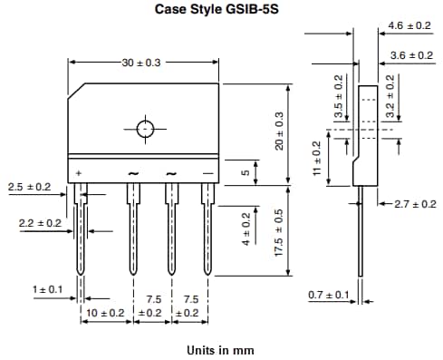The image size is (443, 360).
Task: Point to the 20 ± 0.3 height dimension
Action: pyautogui.click(x=281, y=131)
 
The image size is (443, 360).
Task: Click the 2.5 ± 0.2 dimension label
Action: pyautogui.click(x=29, y=187)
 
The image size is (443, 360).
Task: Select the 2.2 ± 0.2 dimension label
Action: pyautogui.click(x=40, y=222)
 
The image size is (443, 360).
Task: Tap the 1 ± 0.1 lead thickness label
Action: pyautogui.click(x=48, y=289)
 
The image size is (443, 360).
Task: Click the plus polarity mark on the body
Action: pyautogui.click(x=80, y=172)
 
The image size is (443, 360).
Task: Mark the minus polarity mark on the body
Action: pyautogui.click(x=207, y=172)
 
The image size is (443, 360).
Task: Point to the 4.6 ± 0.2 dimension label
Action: pyautogui.click(x=409, y=25)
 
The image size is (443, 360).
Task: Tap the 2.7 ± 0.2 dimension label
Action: pyautogui.click(x=414, y=204)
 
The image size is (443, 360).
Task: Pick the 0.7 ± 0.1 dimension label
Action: pyautogui.click(x=328, y=296)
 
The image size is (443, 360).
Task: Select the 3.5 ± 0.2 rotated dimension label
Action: pyautogui.click(x=339, y=98)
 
